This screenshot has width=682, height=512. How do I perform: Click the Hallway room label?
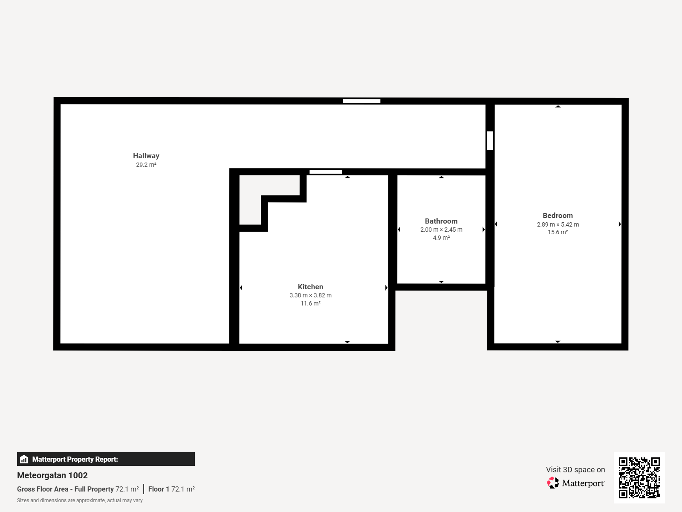(x=146, y=156)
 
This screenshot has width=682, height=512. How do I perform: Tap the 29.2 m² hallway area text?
(x=146, y=165)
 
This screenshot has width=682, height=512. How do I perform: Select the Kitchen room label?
(x=310, y=287)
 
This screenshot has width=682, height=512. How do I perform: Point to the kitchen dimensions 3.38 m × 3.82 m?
(x=310, y=295)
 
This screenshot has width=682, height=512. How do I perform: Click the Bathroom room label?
(x=441, y=221)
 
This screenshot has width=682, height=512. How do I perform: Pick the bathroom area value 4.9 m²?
(x=441, y=238)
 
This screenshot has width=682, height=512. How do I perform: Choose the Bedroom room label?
(x=558, y=215)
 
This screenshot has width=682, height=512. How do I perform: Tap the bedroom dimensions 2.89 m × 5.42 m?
(x=558, y=224)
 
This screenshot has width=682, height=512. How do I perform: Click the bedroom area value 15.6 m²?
(x=558, y=232)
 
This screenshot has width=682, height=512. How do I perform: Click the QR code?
(x=639, y=477)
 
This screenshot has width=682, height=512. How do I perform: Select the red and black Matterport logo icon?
(x=553, y=483)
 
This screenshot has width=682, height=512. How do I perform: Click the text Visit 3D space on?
(x=575, y=469)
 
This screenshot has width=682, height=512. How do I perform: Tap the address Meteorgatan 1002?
(x=52, y=475)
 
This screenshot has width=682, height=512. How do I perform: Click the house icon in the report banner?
(x=24, y=459)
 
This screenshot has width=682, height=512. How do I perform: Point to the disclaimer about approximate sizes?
(x=80, y=500)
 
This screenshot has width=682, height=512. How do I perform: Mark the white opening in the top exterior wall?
(x=361, y=101)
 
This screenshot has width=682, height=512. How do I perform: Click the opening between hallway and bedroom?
(x=490, y=141)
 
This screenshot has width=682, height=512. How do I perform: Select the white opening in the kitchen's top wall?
(x=326, y=172)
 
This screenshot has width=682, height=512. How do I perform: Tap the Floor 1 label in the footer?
(x=159, y=489)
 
